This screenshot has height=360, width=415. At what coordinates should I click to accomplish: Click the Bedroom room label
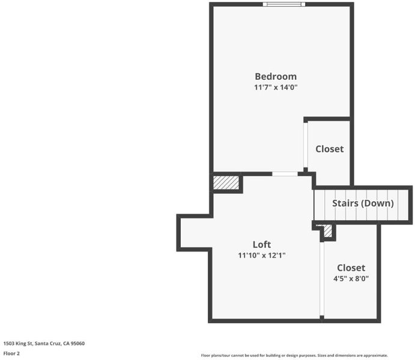pos(276,76)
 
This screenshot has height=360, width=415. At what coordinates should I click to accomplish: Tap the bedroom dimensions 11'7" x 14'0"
pos(276,87)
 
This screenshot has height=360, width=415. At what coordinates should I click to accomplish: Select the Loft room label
pos(261,244)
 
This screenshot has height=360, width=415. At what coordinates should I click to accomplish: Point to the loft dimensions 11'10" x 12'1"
pos(261,256)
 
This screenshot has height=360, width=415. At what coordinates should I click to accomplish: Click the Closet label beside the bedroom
pos(330,149)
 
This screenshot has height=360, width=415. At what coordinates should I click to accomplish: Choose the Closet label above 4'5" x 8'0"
pos(351,268)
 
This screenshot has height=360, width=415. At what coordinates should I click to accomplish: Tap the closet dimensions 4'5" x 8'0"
pos(351,278)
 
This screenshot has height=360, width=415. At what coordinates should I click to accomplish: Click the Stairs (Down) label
pos(363,203)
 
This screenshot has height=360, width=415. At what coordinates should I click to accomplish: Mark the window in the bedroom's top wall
pos(283,4)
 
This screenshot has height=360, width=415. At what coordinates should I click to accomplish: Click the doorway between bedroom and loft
pos(285,174)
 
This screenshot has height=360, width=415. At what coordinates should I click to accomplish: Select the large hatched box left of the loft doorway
pos(226,182)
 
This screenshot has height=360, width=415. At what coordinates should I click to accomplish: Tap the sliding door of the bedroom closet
pos(306,145)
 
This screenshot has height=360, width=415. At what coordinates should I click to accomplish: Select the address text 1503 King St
pos(18,343)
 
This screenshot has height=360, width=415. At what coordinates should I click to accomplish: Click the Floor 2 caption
pos(11,353)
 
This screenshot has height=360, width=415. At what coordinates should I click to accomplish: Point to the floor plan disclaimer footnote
pos(294,356)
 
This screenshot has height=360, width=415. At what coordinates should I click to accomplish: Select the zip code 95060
pos(77,343)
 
